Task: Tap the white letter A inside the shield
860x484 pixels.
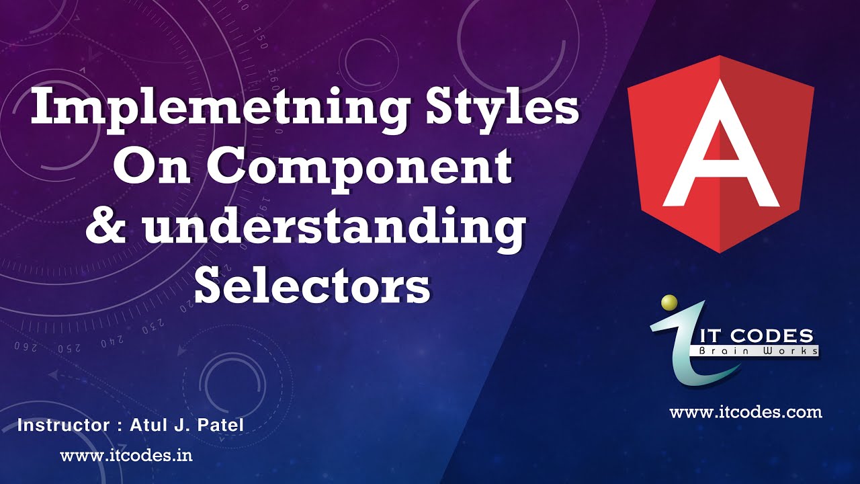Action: tap(721, 151)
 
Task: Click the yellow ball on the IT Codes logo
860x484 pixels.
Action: tap(669, 303)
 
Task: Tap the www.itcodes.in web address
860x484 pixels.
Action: tap(126, 455)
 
